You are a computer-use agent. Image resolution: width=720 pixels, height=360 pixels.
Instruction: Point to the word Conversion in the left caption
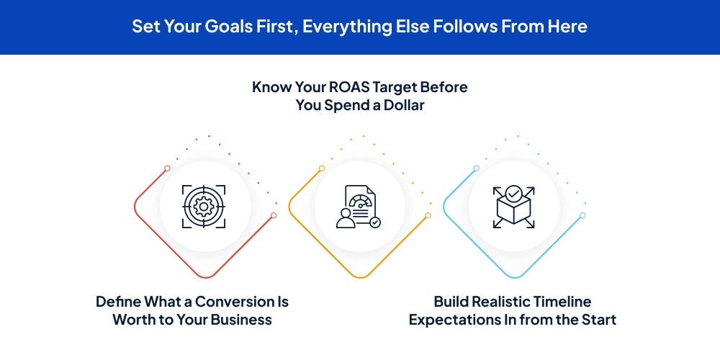[x=220, y=302]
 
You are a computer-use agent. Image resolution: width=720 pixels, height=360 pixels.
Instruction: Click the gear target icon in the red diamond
[x=204, y=207]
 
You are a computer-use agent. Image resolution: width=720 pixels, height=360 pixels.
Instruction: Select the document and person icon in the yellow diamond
[x=358, y=207]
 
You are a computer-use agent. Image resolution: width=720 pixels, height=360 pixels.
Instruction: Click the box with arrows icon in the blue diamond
[x=513, y=207]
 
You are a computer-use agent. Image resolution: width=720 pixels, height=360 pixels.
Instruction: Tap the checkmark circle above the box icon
[x=513, y=193]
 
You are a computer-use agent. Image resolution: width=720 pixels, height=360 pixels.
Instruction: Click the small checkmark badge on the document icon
[x=375, y=222]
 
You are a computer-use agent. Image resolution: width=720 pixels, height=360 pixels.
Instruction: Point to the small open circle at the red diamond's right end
[x=274, y=215]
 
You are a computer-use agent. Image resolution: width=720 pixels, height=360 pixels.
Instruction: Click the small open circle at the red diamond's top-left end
[x=167, y=168]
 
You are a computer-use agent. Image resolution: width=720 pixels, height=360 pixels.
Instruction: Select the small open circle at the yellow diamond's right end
[x=428, y=215]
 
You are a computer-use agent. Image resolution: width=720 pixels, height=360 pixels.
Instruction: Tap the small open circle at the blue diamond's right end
[x=582, y=215]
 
